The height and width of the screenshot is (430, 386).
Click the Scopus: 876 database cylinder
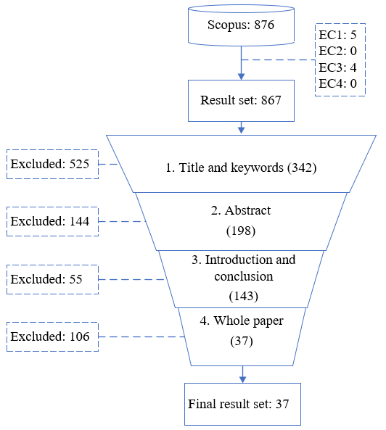coord(241,25)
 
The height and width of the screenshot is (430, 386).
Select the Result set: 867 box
coord(241,101)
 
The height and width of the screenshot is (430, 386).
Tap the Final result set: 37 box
coord(242,404)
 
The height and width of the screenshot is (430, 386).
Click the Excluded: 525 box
coord(52,165)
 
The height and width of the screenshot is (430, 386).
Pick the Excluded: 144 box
coord(52,221)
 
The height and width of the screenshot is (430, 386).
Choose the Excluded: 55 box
coord(52,279)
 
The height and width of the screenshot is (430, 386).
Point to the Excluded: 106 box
coord(52,336)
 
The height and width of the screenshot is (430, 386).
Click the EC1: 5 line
coord(337,35)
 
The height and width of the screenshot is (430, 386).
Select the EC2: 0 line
coord(337,51)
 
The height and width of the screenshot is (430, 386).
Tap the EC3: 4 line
coord(337,67)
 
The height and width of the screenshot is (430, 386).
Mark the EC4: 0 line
coord(337,83)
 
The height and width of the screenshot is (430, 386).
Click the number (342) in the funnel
coord(302,168)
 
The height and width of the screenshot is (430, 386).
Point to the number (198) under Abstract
coord(241,231)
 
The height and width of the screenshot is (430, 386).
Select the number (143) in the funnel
coord(244,296)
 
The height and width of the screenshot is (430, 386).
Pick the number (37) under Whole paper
coord(242,341)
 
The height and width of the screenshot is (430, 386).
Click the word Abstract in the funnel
coord(247,210)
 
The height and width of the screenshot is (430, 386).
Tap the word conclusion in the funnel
coord(244,276)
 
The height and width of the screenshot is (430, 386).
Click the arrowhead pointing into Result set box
coord(241,77)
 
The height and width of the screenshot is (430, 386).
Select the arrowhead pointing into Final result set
coord(242,379)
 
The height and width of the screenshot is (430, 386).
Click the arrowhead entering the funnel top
coord(241,131)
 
